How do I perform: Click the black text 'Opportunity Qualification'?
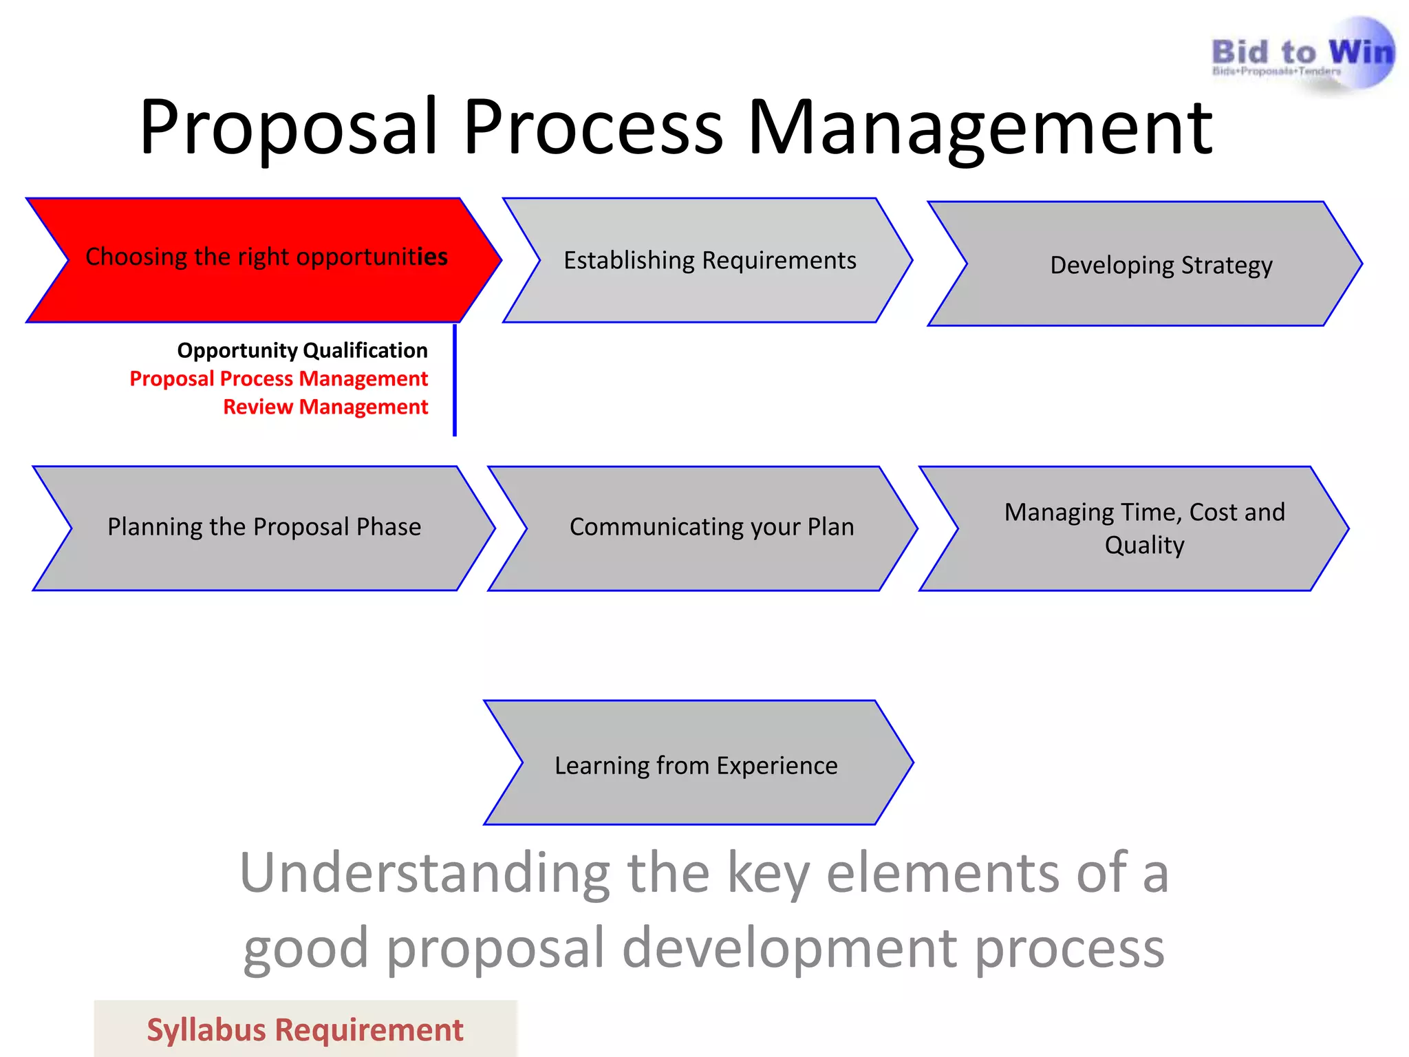coord(302,350)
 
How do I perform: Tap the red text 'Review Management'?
coord(325,407)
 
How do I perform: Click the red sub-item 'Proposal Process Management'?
coord(279,378)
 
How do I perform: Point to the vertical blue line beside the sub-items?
coord(455,380)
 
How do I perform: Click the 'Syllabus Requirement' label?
coord(305,1030)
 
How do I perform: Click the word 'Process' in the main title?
coord(593,127)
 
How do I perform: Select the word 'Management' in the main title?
coord(980,127)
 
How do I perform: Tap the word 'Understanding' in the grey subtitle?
coord(424,873)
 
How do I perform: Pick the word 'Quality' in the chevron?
coord(1145,545)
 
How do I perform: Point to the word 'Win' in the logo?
coord(1361,52)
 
